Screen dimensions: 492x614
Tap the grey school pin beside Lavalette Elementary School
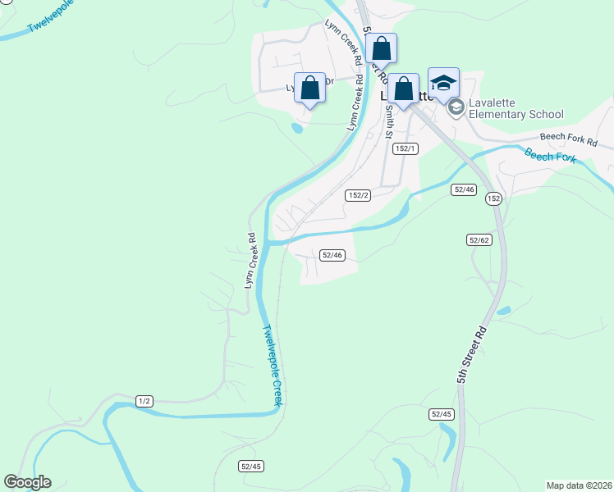tap(456, 107)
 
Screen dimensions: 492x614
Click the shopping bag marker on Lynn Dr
tap(310, 89)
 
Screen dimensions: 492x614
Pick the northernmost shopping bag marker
tap(381, 48)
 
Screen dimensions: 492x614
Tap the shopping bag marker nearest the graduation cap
tap(403, 89)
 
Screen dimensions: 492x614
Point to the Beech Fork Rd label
tap(568, 139)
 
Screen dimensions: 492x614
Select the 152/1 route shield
tap(406, 148)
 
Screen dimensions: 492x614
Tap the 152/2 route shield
tap(359, 195)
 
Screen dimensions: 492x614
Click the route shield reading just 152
tap(493, 199)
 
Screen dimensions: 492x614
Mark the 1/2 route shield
tap(144, 401)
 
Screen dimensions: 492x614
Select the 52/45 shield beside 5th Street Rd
tap(441, 414)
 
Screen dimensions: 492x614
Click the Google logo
tap(27, 482)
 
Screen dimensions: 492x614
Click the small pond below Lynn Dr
tap(297, 128)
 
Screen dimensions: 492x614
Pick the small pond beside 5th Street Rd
tap(503, 311)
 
